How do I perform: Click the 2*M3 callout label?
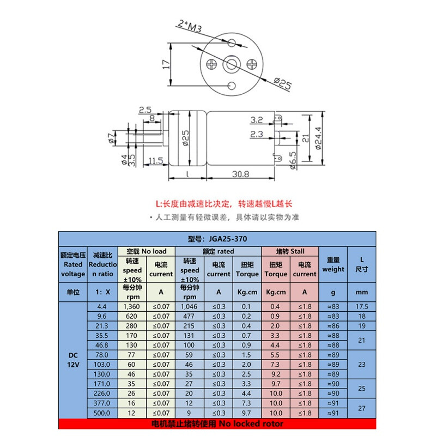[189, 26]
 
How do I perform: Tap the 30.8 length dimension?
[240, 174]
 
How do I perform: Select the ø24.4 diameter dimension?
[318, 138]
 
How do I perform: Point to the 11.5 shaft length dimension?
[156, 161]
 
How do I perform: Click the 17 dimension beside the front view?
[166, 64]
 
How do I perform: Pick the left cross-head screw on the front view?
[211, 64]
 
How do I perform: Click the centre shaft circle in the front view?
[231, 64]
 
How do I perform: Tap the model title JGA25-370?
[217, 239]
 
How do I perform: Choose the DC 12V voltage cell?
[73, 360]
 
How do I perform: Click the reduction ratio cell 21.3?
[102, 325]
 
